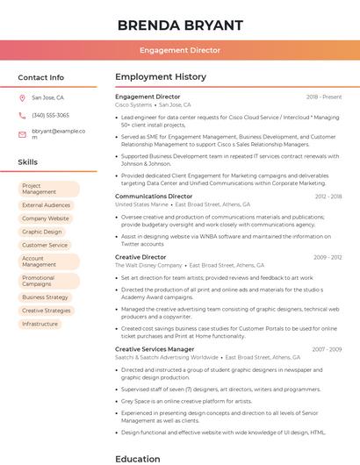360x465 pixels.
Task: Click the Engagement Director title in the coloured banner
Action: (x=180, y=50)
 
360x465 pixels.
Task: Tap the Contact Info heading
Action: (x=40, y=77)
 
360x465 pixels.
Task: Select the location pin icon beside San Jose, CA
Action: (x=22, y=98)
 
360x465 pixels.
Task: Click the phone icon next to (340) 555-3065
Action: (x=22, y=115)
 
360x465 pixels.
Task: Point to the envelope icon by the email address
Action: (x=22, y=134)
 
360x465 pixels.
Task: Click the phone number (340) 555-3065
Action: (x=50, y=115)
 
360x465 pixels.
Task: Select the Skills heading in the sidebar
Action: (x=27, y=162)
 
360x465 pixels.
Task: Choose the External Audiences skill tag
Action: (x=46, y=205)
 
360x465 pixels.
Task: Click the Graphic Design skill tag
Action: (x=41, y=232)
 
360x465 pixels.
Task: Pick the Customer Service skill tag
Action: (x=44, y=245)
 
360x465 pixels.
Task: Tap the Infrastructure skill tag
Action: (x=40, y=324)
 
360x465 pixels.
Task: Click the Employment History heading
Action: (x=161, y=77)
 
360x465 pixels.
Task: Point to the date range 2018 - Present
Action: (x=324, y=97)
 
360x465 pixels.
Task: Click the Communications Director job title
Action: (x=154, y=197)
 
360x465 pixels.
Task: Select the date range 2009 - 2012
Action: (x=328, y=257)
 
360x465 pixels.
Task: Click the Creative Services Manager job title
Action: (x=155, y=349)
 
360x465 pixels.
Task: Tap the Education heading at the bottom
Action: (x=138, y=458)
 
